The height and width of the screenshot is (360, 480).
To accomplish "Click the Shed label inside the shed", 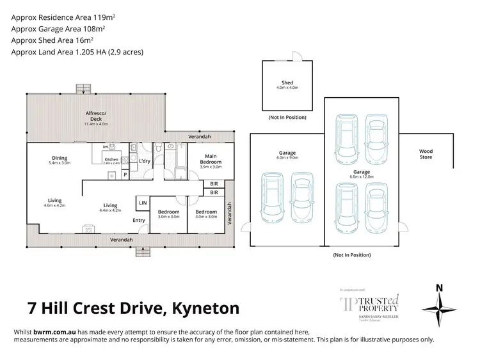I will coord(287,82).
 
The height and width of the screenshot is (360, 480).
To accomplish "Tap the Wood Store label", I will coord(426,153).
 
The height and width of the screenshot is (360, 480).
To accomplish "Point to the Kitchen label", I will coord(111,160).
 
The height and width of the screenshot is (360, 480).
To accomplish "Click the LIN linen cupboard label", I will coord(141,203).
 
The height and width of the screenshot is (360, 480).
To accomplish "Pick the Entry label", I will coord(139,221).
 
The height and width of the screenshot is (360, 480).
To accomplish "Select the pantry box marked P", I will coord(125,173).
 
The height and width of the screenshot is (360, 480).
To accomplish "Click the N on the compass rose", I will coord(439,288).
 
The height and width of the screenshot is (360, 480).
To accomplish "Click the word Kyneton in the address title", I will coord(203,308).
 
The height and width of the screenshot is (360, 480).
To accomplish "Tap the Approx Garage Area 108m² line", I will coord(58,29).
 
